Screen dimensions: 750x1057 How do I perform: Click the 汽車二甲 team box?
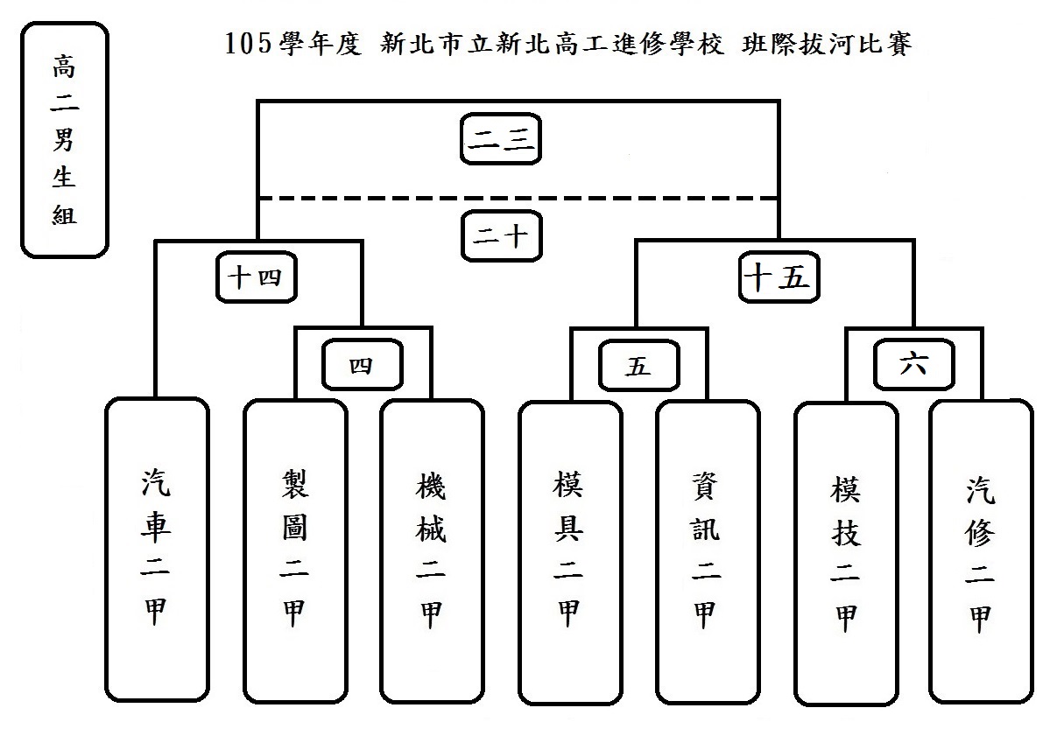pyautogui.click(x=157, y=550)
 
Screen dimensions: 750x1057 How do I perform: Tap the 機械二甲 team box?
pyautogui.click(x=431, y=551)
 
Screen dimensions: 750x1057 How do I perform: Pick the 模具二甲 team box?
pyautogui.click(x=569, y=551)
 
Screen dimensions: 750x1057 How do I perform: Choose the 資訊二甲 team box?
pyautogui.click(x=707, y=551)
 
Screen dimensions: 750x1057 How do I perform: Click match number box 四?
pyautogui.click(x=362, y=366)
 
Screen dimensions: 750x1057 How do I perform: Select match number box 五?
pyautogui.click(x=638, y=366)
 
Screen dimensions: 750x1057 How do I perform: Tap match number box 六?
pyautogui.click(x=913, y=366)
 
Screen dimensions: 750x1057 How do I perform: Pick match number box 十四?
pyautogui.click(x=254, y=279)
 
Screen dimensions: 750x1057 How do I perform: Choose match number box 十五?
pyautogui.click(x=779, y=279)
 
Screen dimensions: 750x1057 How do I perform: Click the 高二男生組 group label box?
pyautogui.click(x=64, y=140)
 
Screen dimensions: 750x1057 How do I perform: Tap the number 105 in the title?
pyautogui.click(x=244, y=44)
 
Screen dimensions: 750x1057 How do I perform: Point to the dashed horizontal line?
pyautogui.click(x=613, y=198)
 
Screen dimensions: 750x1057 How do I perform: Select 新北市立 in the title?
pyautogui.click(x=429, y=44)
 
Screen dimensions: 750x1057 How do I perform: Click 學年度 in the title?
pyautogui.click(x=320, y=44)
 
